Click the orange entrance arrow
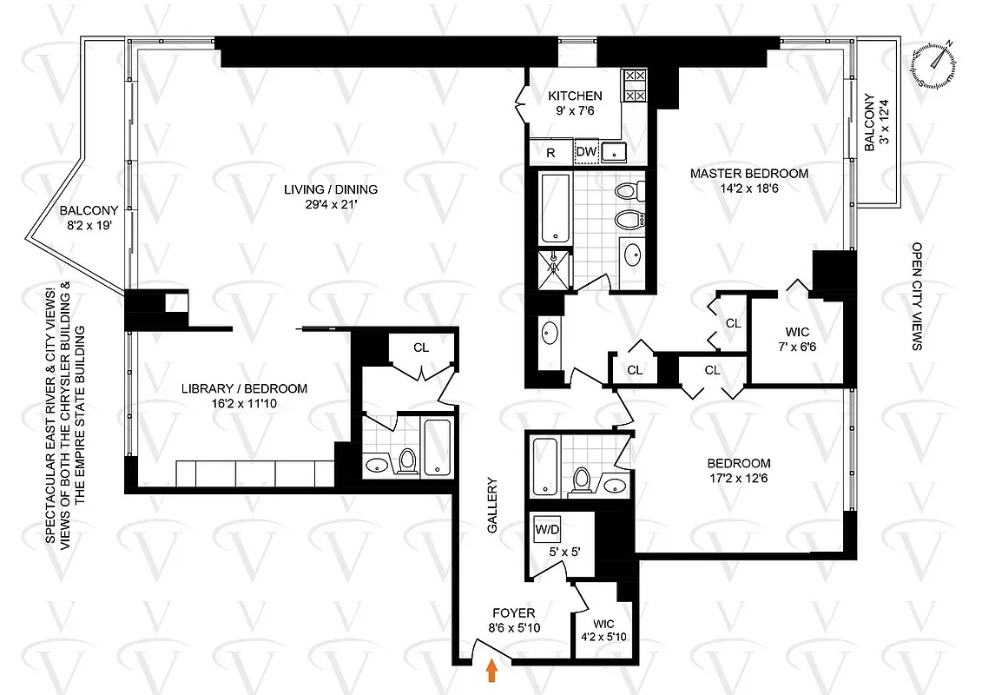tap(493, 671)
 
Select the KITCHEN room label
tap(574, 96)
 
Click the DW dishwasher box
tap(586, 153)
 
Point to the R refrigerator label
tap(550, 153)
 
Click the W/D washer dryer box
tap(547, 528)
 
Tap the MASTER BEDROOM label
tap(748, 173)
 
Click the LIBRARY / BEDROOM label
tap(243, 388)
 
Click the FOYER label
tap(513, 613)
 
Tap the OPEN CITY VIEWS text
tap(916, 296)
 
